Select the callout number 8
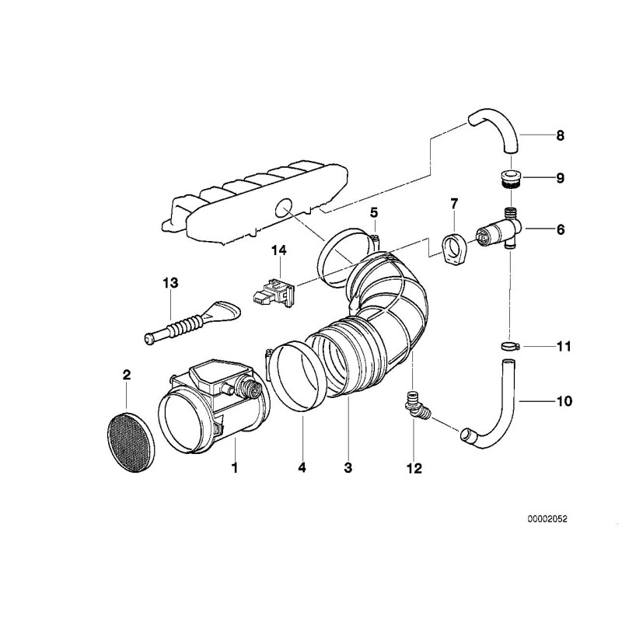click(x=560, y=135)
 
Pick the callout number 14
click(x=278, y=250)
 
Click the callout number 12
click(x=414, y=468)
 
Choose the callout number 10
click(x=563, y=401)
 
